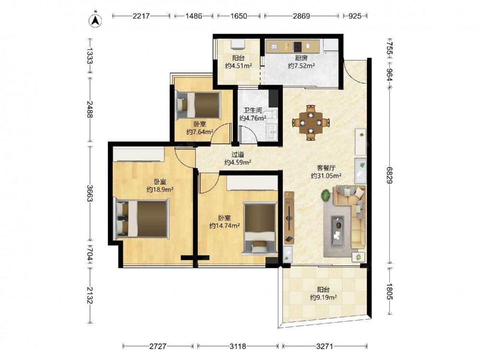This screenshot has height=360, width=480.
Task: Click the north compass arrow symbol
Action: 96,20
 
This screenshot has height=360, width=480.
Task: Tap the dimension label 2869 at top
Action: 301,16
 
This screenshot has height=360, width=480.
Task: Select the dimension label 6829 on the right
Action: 389,175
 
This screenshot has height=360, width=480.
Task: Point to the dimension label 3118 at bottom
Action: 238,346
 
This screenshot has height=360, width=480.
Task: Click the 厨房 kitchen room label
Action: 301,58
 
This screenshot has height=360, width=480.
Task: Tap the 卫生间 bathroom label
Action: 252,110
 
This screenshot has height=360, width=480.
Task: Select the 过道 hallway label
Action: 238,155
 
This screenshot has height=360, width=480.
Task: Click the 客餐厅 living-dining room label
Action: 326,168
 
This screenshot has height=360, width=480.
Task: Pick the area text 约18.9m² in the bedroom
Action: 160,190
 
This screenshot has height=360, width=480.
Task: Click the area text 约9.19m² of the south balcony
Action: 324,297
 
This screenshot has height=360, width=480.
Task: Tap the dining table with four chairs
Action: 311,122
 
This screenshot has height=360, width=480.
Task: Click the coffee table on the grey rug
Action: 337,227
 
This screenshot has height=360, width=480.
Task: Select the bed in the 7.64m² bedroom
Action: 198,105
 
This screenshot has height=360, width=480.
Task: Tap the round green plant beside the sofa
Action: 326,195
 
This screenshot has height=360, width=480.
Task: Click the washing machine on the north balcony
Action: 238,44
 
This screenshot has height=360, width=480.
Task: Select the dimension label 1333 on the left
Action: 89,55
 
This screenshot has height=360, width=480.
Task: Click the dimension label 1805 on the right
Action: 389,291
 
